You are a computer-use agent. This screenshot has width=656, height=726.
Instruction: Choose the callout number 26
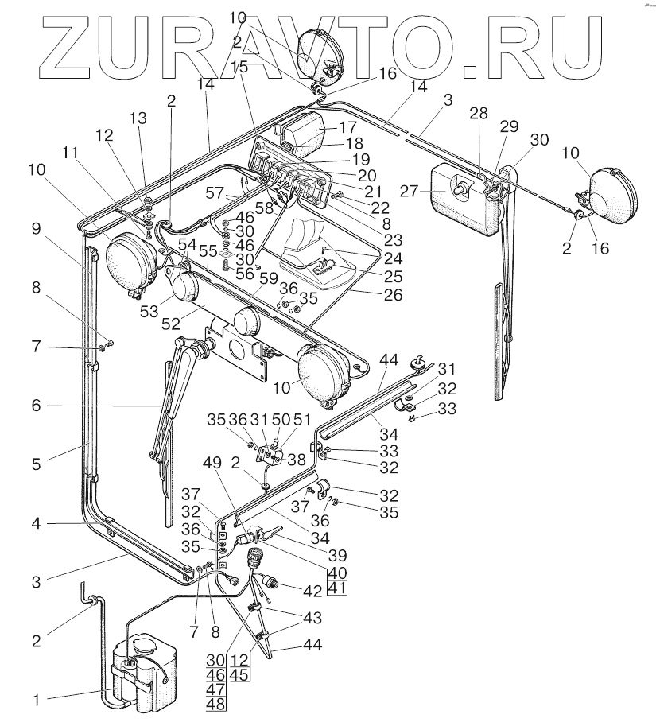coord(391,294)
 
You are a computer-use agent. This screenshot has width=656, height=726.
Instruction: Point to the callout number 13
coord(139,118)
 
